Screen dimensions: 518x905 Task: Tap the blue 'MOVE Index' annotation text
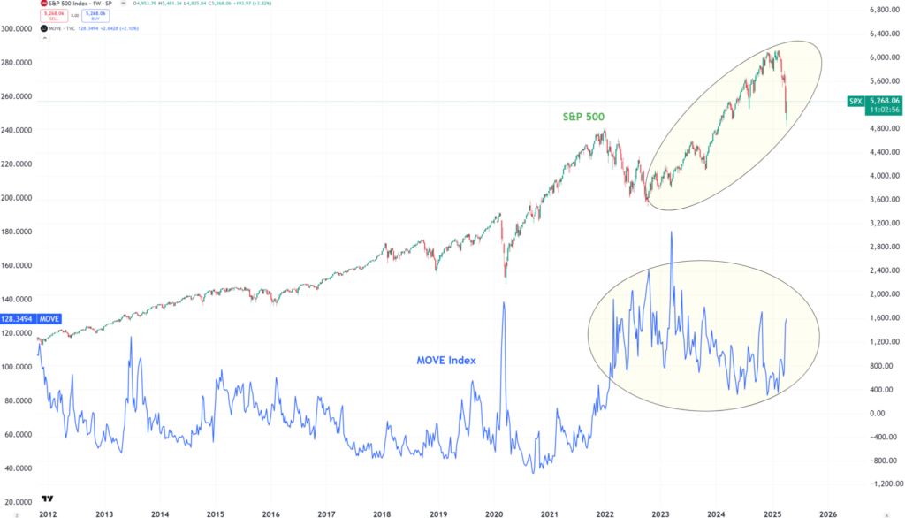[x=447, y=361]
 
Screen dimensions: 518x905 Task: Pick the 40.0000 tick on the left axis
[x=22, y=468]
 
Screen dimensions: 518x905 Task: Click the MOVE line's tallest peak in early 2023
[x=672, y=232]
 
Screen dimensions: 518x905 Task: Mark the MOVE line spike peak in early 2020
[x=504, y=302]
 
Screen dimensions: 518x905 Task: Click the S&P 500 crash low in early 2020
[x=505, y=281]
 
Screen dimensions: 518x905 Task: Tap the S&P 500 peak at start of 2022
[x=604, y=131]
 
